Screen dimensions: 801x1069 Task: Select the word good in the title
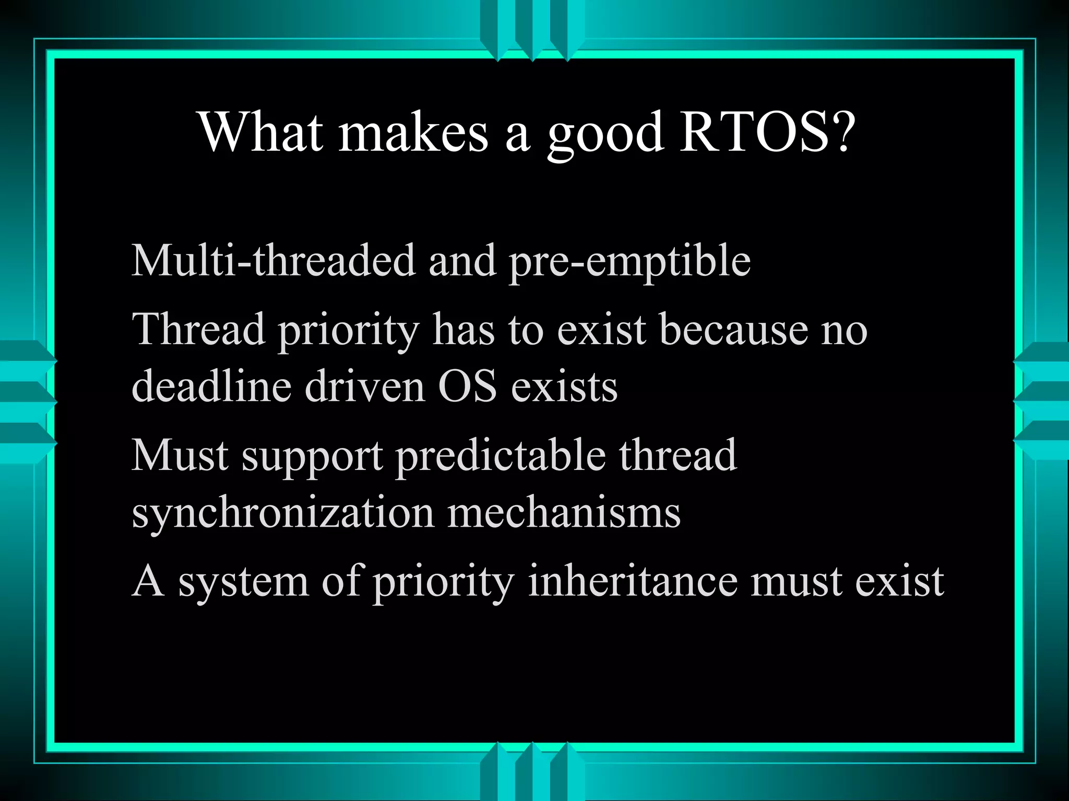[x=605, y=133]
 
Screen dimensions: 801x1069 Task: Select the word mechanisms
[x=564, y=512]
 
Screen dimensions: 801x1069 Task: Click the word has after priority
[x=464, y=330]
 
